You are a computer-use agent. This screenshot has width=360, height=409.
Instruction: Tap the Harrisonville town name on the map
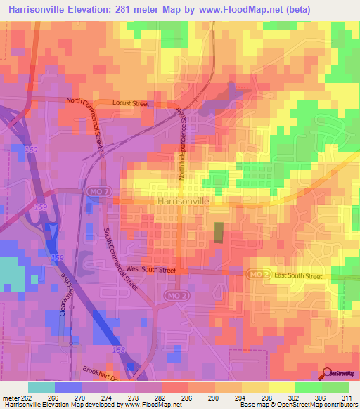point(184,201)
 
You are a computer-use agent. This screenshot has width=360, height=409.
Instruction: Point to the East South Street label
point(297,276)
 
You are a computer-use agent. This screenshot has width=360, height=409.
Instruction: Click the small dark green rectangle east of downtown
point(218,233)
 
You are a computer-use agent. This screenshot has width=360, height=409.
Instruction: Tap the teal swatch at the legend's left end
point(41,387)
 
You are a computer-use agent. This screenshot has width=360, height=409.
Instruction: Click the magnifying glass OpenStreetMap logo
point(328,373)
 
